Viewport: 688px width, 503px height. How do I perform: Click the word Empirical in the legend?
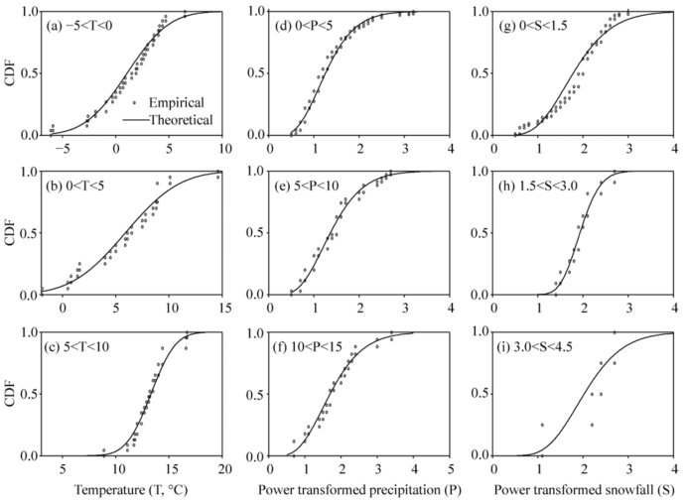tap(179, 101)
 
